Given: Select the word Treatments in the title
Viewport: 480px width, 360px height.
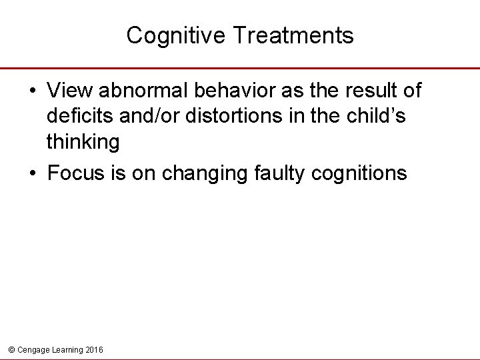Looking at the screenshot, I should pyautogui.click(x=294, y=35).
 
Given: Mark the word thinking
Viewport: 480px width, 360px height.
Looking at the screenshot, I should pyautogui.click(x=83, y=142).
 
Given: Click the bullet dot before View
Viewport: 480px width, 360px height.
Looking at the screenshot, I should pyautogui.click(x=33, y=90).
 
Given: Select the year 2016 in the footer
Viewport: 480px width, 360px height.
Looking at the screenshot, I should pyautogui.click(x=95, y=349).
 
